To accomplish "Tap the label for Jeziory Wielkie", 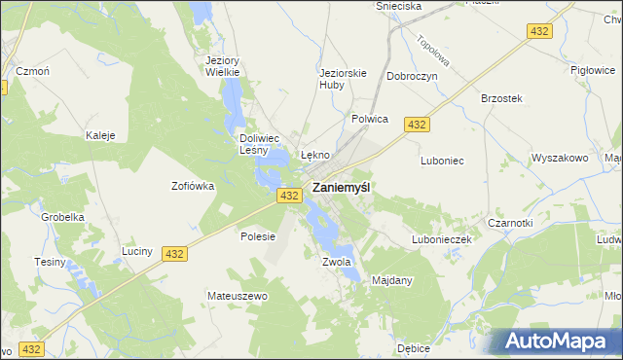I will tap(223, 65).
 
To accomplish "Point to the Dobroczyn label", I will tap(412, 76).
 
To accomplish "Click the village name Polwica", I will tap(369, 119).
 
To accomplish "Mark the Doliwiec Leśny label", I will tap(260, 144).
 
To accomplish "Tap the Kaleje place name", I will tap(101, 135).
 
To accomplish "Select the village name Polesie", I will tap(258, 236).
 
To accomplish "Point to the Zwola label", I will tap(336, 262).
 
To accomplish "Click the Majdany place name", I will tap(393, 280).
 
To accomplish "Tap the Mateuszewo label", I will tap(237, 295).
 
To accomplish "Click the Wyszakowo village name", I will tap(560, 158).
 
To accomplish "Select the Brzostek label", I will tap(502, 98).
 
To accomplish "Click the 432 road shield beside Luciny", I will tap(174, 253).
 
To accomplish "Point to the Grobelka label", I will tap(60, 218).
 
